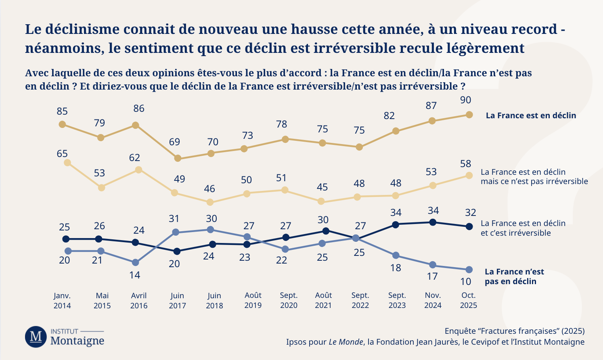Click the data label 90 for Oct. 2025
(x=465, y=100)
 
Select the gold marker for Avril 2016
(x=136, y=125)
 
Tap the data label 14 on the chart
(x=134, y=275)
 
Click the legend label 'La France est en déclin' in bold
(x=531, y=115)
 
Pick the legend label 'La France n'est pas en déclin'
(x=514, y=276)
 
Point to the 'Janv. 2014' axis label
(x=62, y=301)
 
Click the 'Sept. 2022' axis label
(x=360, y=301)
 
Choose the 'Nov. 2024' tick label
(x=433, y=301)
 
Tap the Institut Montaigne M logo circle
(x=36, y=337)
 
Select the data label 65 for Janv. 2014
(x=62, y=154)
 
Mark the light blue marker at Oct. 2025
(x=469, y=270)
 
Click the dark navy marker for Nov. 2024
(x=433, y=222)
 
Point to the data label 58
(x=465, y=164)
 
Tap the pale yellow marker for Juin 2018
(x=210, y=202)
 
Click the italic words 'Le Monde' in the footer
(x=346, y=342)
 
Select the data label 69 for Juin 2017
(x=174, y=142)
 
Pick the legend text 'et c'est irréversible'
(x=515, y=233)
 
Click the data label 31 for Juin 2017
(x=174, y=219)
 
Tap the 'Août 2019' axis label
(x=253, y=301)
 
